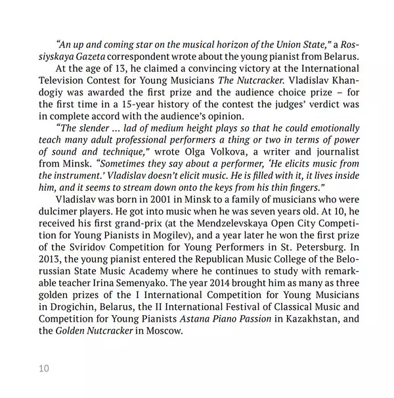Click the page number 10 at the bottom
43,369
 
